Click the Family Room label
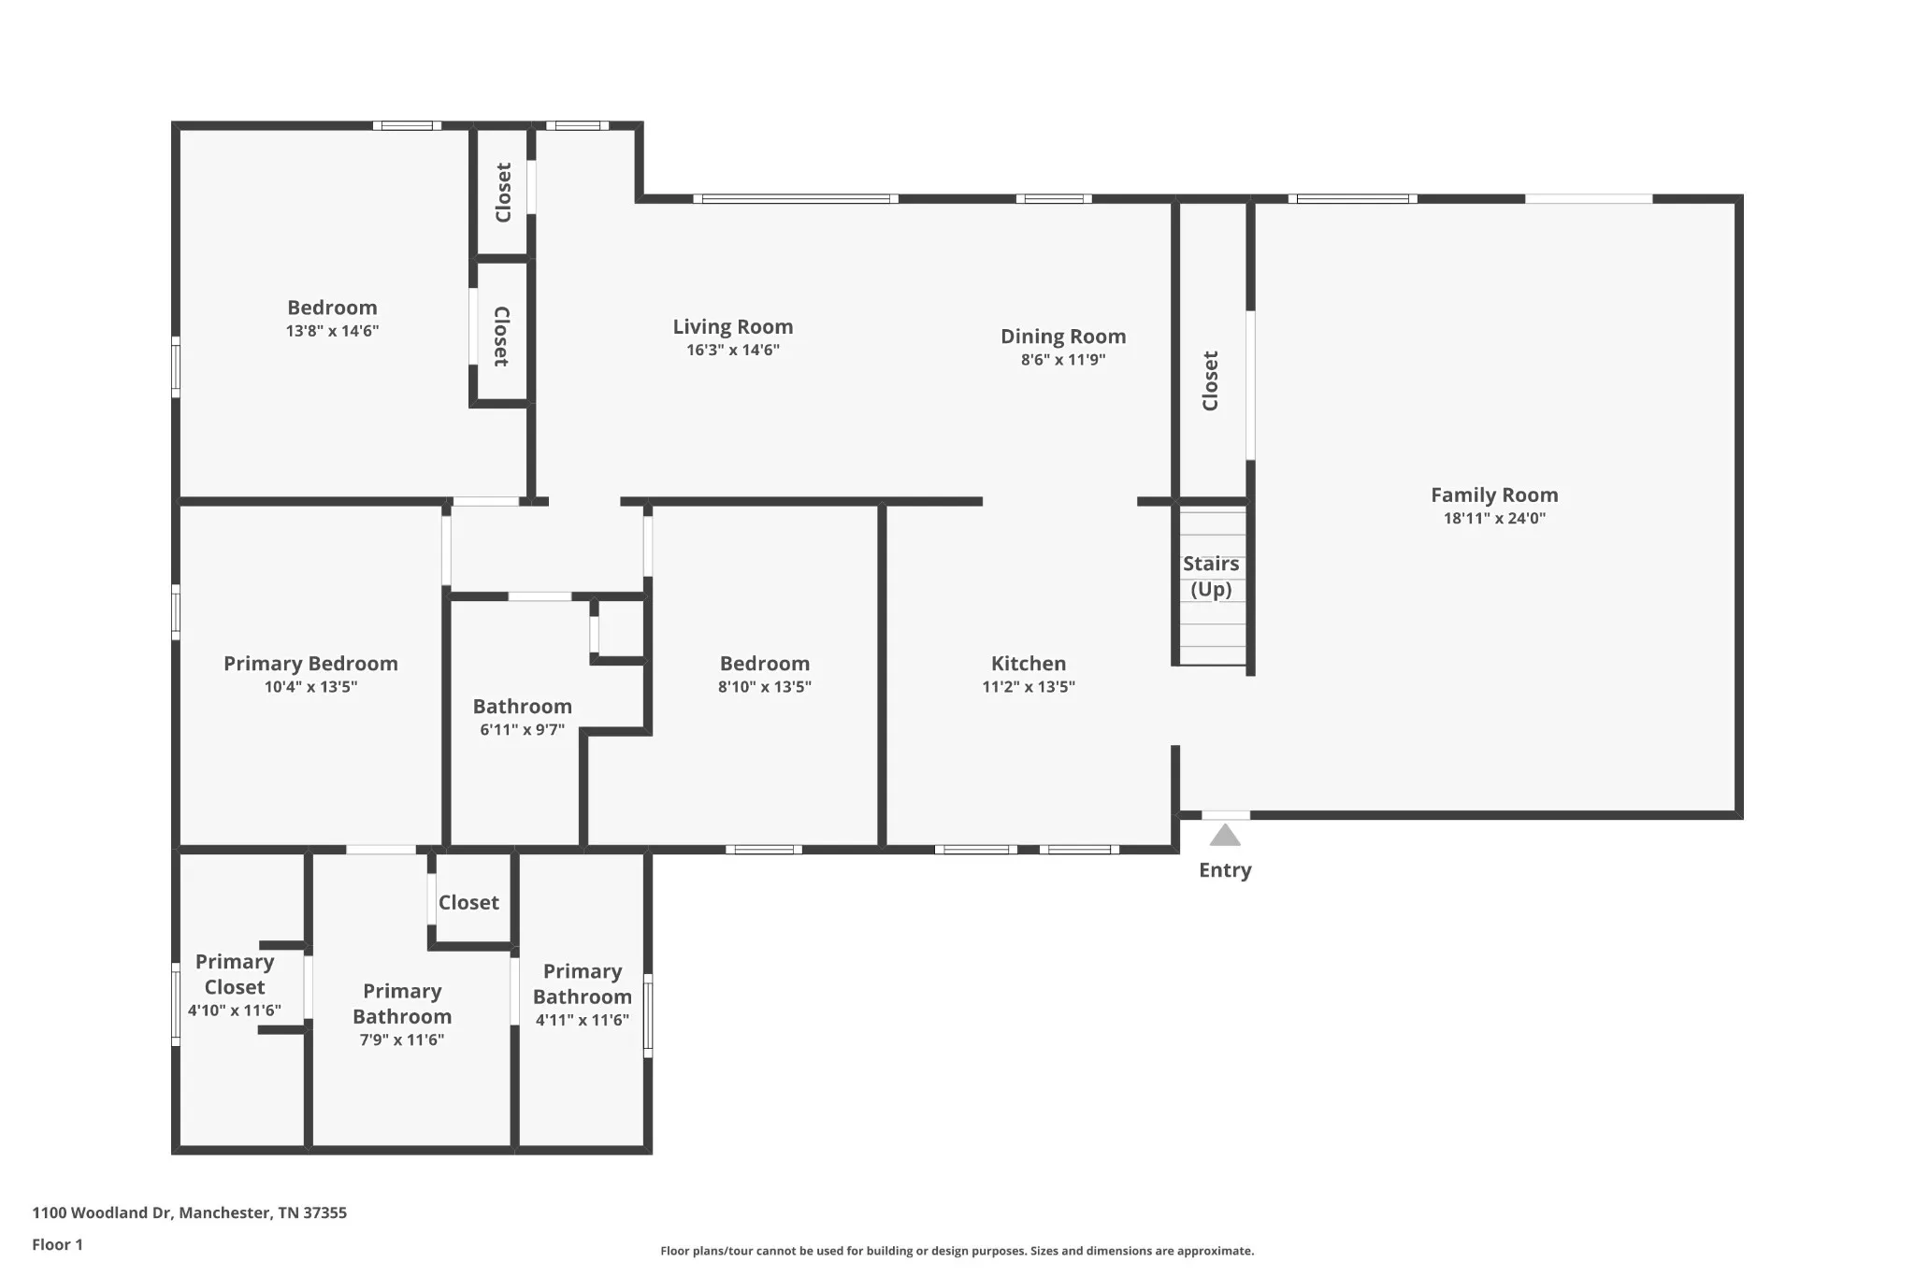(x=1494, y=495)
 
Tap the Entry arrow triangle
(x=1225, y=835)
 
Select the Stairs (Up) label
(x=1211, y=576)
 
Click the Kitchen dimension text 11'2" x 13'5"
(x=1029, y=687)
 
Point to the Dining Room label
(x=1063, y=337)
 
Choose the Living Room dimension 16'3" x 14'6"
(x=733, y=351)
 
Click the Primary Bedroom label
(x=310, y=664)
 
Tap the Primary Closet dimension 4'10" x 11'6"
(x=235, y=1011)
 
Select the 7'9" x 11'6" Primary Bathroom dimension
(x=402, y=1039)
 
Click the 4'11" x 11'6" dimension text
(x=583, y=1020)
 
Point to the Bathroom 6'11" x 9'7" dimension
(x=523, y=730)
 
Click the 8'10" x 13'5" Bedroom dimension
(x=765, y=687)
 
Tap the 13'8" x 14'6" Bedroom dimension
(x=332, y=331)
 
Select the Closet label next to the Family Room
(x=1211, y=380)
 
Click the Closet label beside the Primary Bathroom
(x=468, y=903)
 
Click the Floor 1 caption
(x=58, y=1245)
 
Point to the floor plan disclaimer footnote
(x=957, y=1251)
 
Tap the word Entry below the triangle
(x=1225, y=870)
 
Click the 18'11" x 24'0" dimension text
(x=1494, y=519)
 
